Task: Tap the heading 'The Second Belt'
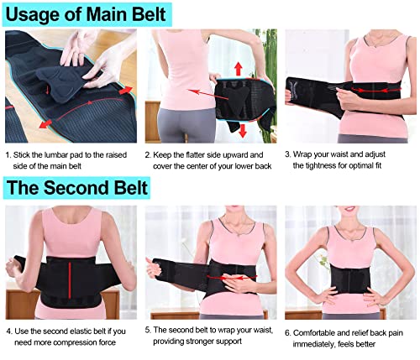tap(76, 187)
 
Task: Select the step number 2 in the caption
tap(147, 154)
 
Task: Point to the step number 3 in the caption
tap(286, 154)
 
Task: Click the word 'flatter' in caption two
tap(203, 154)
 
